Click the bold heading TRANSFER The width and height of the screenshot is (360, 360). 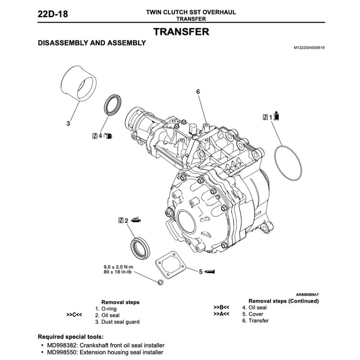[x=181, y=32]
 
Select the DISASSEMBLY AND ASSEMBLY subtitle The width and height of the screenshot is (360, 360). [x=92, y=43]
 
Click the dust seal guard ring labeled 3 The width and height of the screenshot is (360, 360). [x=79, y=84]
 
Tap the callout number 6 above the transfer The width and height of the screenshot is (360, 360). [x=197, y=91]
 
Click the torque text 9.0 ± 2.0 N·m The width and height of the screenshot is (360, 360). [x=119, y=266]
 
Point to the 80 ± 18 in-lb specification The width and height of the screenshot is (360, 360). [x=119, y=272]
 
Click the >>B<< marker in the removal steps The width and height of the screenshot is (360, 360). [x=222, y=307]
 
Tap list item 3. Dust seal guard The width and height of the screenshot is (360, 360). [x=117, y=322]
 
